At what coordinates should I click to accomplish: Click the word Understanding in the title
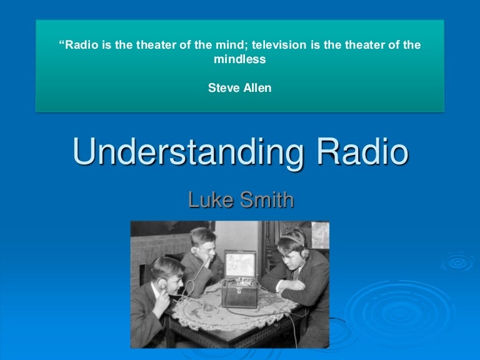point(181,153)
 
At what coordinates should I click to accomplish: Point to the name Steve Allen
point(240,88)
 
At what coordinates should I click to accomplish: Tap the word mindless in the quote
point(240,60)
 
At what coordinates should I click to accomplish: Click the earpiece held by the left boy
point(164,283)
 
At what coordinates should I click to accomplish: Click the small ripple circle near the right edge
point(458,263)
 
